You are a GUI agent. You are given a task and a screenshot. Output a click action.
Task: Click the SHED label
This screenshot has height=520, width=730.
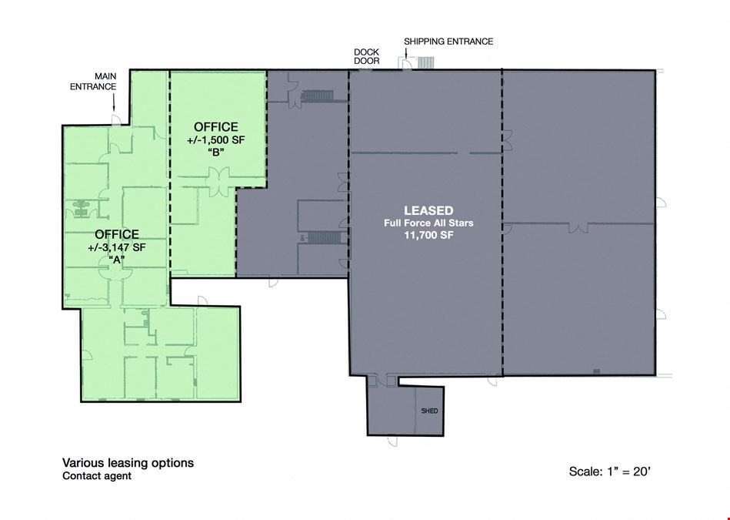click(x=429, y=411)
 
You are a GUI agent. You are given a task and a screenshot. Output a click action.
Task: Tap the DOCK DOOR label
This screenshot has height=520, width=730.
click(x=366, y=56)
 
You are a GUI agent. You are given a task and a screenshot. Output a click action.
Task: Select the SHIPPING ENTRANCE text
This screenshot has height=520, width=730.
click(x=448, y=42)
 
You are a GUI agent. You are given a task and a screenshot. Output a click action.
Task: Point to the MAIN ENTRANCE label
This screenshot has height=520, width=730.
click(x=93, y=81)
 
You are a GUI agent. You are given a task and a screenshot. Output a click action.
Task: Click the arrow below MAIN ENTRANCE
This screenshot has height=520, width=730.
click(x=113, y=101)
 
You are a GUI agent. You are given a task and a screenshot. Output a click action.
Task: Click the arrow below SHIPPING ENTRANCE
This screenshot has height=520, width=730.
click(x=406, y=52)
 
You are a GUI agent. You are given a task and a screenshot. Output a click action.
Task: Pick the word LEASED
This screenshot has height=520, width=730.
click(x=428, y=210)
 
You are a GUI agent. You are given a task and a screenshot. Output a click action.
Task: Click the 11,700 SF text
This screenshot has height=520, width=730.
click(x=428, y=235)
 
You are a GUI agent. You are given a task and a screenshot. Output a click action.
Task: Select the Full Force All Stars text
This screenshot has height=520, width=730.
click(x=428, y=223)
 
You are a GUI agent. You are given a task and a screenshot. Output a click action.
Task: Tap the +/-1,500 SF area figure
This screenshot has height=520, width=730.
click(x=215, y=140)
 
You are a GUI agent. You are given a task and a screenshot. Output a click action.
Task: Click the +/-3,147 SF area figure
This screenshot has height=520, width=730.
click(x=116, y=247)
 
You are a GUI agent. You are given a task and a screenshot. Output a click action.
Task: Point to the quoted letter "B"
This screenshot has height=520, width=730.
click(x=216, y=152)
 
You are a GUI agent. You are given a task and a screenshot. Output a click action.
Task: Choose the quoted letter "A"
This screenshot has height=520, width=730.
click(x=116, y=260)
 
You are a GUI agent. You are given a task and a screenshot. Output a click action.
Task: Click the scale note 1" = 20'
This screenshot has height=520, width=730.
click(x=628, y=471)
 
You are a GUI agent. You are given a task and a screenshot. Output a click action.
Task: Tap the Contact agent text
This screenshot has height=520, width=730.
click(x=97, y=475)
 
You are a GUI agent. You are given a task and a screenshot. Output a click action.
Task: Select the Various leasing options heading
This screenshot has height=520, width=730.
click(x=128, y=463)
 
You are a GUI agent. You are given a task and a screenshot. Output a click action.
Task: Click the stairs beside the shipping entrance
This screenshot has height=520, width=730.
click(x=425, y=63)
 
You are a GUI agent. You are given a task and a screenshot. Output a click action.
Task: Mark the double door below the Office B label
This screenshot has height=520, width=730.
click(x=218, y=178)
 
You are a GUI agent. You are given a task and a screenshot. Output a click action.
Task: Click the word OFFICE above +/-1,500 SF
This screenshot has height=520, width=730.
click(x=215, y=127)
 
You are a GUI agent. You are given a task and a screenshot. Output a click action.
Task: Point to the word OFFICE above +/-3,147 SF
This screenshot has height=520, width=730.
click(x=117, y=234)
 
